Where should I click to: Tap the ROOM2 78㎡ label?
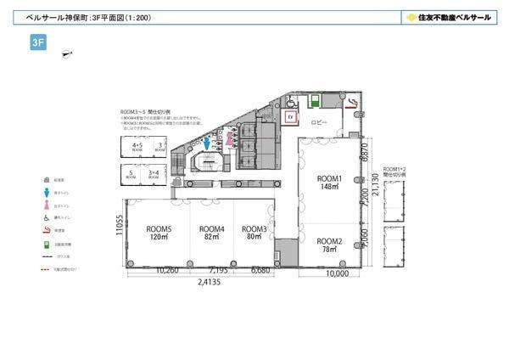(328, 245)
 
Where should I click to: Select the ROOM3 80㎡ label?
(254, 233)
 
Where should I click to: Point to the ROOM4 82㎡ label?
(211, 233)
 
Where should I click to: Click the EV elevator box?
(290, 115)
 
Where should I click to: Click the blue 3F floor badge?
(37, 44)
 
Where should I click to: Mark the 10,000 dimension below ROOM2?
(336, 274)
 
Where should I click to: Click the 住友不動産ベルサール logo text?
(447, 16)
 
